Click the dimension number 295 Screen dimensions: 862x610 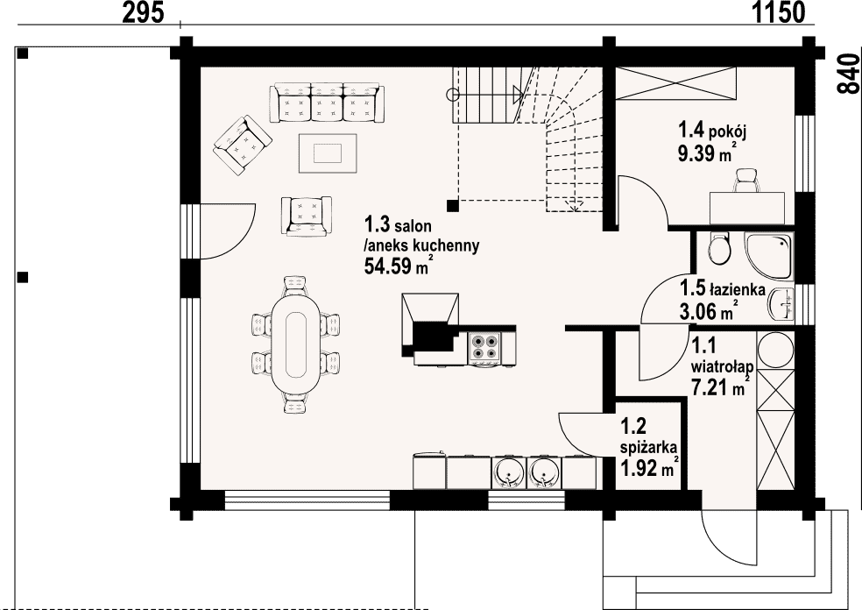point(143,12)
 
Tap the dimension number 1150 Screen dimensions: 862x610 point(778,12)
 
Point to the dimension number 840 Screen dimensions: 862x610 point(849,74)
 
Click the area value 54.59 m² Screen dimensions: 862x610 point(396,266)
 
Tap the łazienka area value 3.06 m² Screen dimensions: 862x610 point(708,312)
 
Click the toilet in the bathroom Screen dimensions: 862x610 point(719,249)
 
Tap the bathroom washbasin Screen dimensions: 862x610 point(782,303)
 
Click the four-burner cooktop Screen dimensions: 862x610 point(485,349)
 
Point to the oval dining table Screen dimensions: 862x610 point(296,344)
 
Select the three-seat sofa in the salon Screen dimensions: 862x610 point(327,103)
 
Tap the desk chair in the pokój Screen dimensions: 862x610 point(745,181)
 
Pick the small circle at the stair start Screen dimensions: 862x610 point(452,95)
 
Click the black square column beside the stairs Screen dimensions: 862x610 point(452,206)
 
